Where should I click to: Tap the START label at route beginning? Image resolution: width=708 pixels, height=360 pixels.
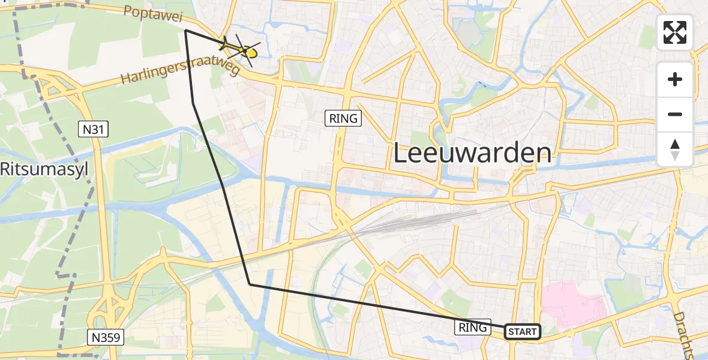point(522,332)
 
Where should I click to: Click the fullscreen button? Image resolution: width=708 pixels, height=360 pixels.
point(675,32)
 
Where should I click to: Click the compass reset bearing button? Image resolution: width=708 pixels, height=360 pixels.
point(675,149)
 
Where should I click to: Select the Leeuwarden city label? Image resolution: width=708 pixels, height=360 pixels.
point(472,153)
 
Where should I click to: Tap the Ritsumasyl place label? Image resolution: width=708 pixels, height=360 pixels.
point(43,169)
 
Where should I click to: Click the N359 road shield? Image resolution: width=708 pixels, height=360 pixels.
point(107,338)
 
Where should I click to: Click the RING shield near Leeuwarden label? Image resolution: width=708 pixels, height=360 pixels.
point(344,119)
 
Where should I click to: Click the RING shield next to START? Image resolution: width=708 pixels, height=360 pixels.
point(473,328)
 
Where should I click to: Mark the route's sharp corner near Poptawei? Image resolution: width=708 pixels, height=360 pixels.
point(185,30)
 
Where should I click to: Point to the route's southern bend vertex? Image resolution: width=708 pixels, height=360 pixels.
point(250,284)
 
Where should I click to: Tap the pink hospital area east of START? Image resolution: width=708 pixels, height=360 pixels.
point(573,306)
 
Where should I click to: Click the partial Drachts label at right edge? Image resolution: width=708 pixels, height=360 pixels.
point(685,336)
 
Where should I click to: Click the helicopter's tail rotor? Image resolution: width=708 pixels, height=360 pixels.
point(223,44)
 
